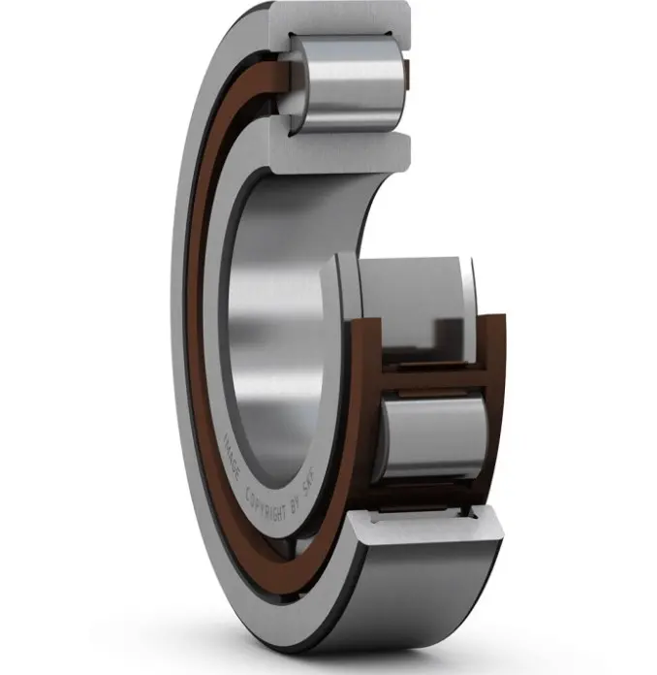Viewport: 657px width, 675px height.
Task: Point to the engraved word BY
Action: click(x=296, y=508)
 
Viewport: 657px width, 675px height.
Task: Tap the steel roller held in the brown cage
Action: click(x=434, y=434)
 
